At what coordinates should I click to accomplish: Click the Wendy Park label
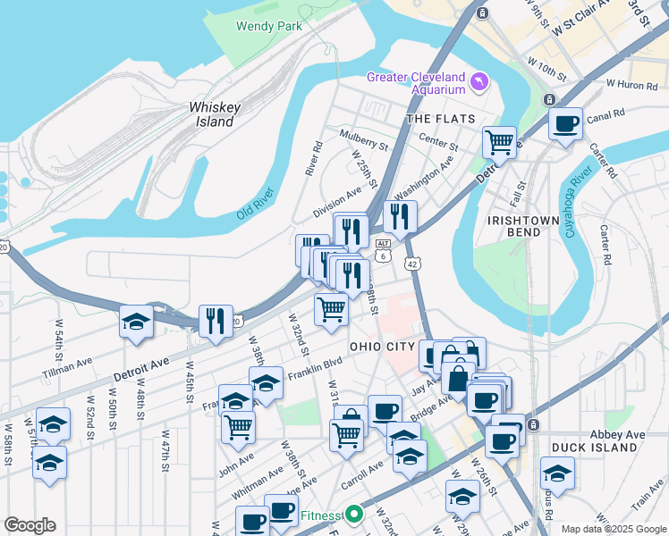click(x=267, y=26)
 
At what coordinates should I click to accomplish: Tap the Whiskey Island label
click(x=215, y=114)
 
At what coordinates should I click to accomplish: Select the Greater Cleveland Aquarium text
click(x=416, y=83)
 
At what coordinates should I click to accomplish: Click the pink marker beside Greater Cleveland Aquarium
click(x=481, y=82)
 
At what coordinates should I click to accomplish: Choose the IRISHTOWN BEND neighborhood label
click(x=513, y=226)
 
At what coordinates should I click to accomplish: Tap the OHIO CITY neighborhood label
click(x=382, y=347)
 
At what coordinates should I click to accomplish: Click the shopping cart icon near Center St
click(x=499, y=140)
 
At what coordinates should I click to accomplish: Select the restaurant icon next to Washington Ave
click(x=400, y=215)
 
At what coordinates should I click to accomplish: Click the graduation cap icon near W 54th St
click(x=136, y=322)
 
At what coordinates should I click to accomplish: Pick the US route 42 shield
click(x=411, y=264)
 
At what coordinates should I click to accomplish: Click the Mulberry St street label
click(x=364, y=139)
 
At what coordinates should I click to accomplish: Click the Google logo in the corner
click(x=30, y=525)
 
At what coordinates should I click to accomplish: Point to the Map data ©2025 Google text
click(x=612, y=529)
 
